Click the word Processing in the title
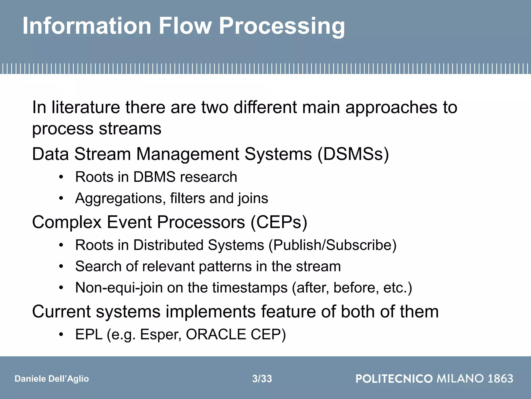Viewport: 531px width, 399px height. coord(282,26)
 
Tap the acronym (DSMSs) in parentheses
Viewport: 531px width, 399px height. coord(353,154)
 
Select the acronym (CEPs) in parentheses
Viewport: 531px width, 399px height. coord(279,222)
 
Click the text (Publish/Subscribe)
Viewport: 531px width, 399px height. coord(332,245)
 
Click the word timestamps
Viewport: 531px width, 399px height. coord(250,288)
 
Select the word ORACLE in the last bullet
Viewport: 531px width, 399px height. coord(216,335)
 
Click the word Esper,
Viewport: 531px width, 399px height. coord(160,335)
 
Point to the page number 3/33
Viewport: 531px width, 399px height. coord(262,379)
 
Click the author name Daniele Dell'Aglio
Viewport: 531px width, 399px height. coord(52,379)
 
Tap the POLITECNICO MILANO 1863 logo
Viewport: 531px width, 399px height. coord(434,378)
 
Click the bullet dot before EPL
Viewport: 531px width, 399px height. coord(61,335)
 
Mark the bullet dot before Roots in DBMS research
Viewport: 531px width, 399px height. coord(61,177)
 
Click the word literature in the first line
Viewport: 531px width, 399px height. coord(86,107)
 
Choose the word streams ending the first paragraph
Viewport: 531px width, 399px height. coord(130,129)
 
